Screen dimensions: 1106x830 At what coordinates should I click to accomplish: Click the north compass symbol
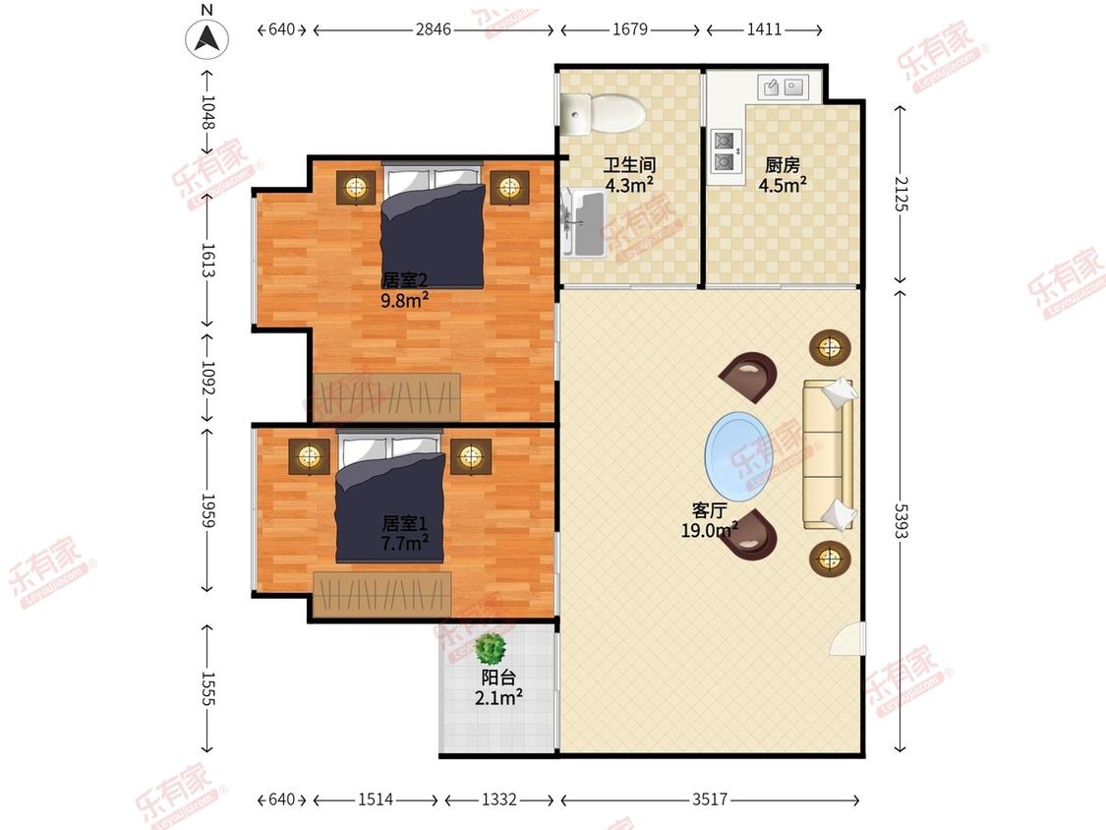(x=206, y=37)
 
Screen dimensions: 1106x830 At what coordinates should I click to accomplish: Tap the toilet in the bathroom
(x=604, y=113)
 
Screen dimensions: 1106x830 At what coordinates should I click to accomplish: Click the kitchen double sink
(x=784, y=87)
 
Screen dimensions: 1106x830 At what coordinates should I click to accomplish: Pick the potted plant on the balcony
(x=491, y=649)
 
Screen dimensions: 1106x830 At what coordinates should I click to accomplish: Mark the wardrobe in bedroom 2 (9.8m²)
(x=386, y=397)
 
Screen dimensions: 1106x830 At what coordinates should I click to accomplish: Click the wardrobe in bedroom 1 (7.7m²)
(x=382, y=594)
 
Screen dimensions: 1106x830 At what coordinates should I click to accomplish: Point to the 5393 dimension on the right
(x=901, y=521)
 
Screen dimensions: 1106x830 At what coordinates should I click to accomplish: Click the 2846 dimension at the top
(x=434, y=30)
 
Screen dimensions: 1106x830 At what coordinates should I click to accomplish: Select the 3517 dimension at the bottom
(x=710, y=800)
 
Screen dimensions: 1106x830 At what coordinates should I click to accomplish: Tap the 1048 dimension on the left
(x=207, y=112)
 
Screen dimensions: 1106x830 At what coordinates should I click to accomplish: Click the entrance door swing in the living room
(x=847, y=639)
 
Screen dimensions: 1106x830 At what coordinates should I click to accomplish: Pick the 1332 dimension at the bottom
(x=499, y=800)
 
